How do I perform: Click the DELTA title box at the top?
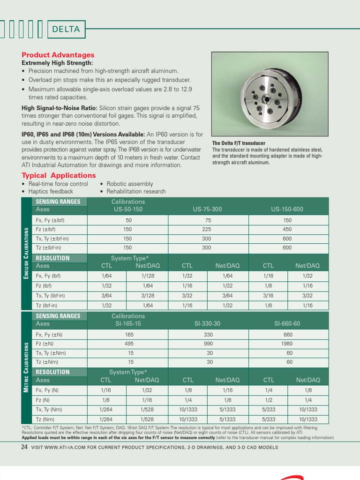coord(66,29)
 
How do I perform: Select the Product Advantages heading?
coord(58,55)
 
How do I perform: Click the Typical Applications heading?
coord(59,175)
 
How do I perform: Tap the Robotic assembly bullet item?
coord(129,184)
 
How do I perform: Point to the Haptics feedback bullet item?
coord(51,191)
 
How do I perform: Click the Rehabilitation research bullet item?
coord(136,191)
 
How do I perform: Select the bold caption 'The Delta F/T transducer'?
coord(239,143)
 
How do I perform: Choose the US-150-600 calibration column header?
coord(287,209)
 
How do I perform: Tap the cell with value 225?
coord(206,229)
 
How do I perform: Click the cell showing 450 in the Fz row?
coord(287,229)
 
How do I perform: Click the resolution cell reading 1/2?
coord(269,399)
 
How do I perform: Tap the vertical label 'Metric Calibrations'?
coord(26,367)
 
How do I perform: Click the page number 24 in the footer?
coord(24,447)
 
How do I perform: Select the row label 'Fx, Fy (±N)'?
coord(50,335)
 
